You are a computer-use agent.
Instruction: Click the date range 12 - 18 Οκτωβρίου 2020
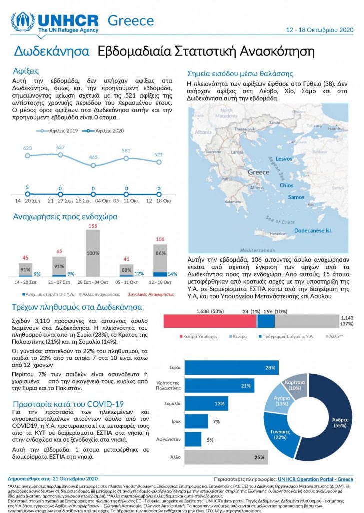point(319,30)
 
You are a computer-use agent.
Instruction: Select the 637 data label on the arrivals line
point(60,147)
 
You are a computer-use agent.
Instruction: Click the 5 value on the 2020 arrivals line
point(27,187)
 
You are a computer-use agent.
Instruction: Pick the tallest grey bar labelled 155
point(93,253)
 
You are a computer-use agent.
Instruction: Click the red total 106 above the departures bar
point(160,239)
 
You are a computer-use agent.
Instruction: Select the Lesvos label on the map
point(284,159)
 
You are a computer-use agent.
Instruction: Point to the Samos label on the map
point(296,197)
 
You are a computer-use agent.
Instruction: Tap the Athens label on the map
point(257,188)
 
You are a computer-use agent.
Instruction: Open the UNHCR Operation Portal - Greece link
point(315,479)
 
